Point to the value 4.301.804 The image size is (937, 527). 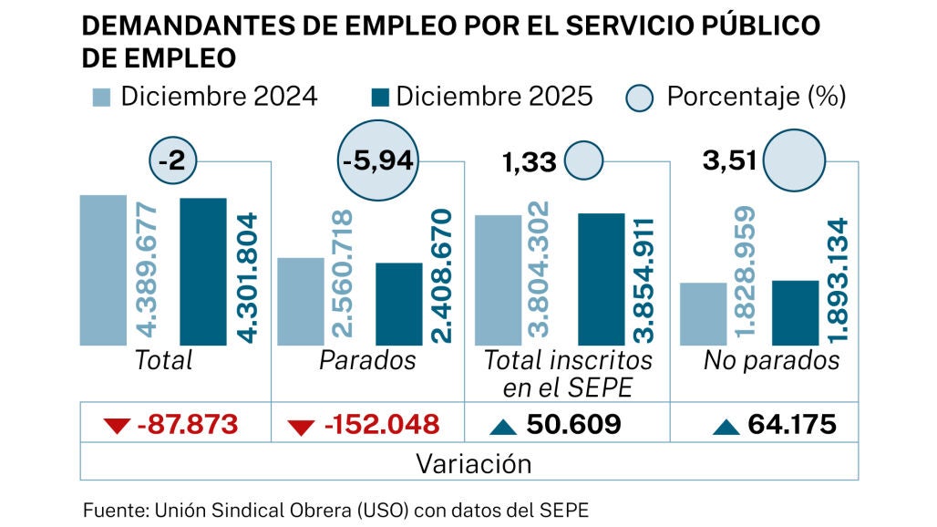[247, 278]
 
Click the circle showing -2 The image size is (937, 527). [171, 162]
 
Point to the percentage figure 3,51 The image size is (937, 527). [729, 162]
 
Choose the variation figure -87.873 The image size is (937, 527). [186, 424]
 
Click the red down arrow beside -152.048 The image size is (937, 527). [302, 425]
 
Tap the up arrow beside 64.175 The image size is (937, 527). [726, 425]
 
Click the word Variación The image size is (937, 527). [473, 463]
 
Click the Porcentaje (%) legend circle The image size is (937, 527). [643, 98]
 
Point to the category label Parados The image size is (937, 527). [367, 360]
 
